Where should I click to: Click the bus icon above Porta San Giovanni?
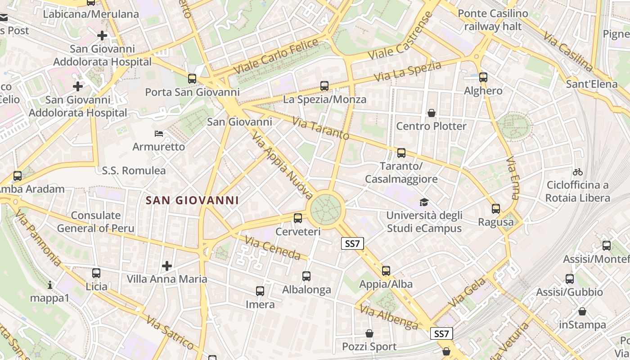(192, 79)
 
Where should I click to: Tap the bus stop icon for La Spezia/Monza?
(324, 86)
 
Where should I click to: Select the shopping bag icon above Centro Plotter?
(432, 112)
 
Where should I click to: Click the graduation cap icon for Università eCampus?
(424, 202)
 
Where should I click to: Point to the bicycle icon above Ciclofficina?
(578, 172)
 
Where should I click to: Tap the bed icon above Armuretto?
(159, 134)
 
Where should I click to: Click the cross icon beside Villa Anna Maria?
(167, 266)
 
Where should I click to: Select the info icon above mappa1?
(50, 285)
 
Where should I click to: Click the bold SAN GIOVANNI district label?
(192, 200)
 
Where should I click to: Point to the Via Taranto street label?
(320, 129)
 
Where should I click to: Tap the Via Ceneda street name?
(273, 248)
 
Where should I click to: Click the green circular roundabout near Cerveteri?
(326, 209)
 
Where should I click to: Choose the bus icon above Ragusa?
(496, 209)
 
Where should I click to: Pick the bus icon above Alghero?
(483, 77)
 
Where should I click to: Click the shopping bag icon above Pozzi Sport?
(369, 333)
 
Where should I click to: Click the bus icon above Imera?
(260, 291)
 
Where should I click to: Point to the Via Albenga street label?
(389, 317)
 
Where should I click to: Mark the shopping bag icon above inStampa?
(582, 311)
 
